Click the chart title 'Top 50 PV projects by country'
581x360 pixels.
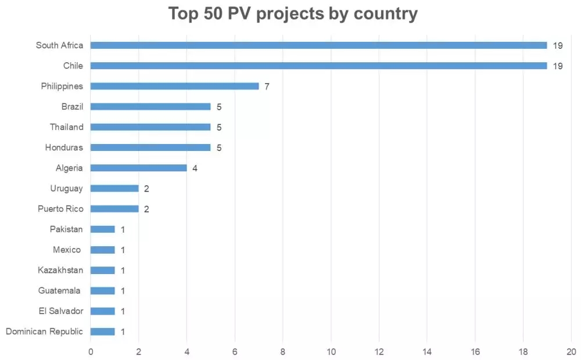pyautogui.click(x=293, y=13)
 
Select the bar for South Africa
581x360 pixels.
pyautogui.click(x=318, y=45)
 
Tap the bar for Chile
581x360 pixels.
pyautogui.click(x=318, y=66)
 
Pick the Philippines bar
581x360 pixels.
pyautogui.click(x=174, y=86)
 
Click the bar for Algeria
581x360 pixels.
pyautogui.click(x=138, y=168)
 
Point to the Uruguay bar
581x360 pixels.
pyautogui.click(x=114, y=188)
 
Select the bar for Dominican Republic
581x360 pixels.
pyautogui.click(x=102, y=332)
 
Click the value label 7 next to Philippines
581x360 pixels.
pyautogui.click(x=267, y=87)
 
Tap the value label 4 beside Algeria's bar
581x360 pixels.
pyautogui.click(x=195, y=168)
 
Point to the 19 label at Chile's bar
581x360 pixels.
pyautogui.click(x=558, y=66)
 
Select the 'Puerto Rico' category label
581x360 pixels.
pyautogui.click(x=60, y=209)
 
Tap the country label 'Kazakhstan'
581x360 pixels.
pyautogui.click(x=60, y=270)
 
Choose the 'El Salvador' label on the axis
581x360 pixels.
pyautogui.click(x=60, y=311)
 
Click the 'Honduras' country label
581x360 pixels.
pyautogui.click(x=64, y=147)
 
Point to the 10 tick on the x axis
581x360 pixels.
pyautogui.click(x=331, y=351)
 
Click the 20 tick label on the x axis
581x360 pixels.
pyautogui.click(x=571, y=351)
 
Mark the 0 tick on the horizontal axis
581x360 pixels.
pyautogui.click(x=91, y=351)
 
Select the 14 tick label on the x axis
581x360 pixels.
pyautogui.click(x=427, y=351)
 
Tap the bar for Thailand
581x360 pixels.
pyautogui.click(x=150, y=127)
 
